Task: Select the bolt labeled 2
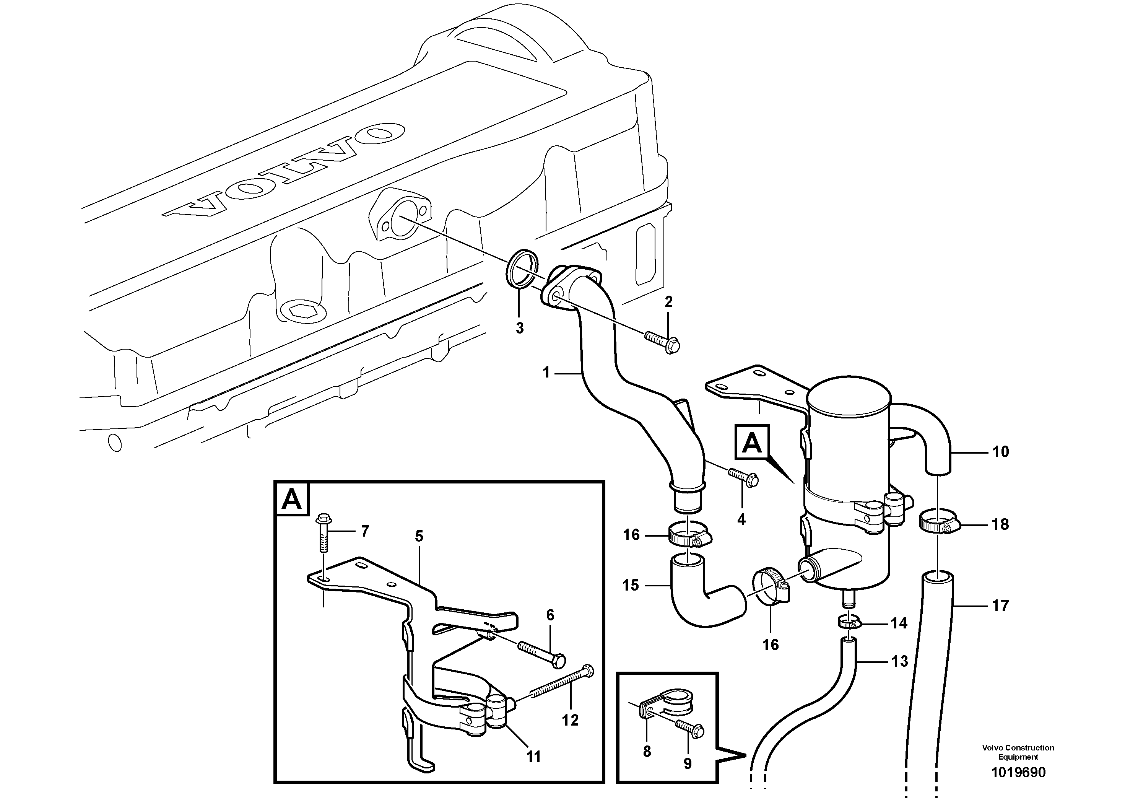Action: tap(663, 342)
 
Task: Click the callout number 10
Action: tap(1000, 452)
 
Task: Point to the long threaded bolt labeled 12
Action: tap(560, 687)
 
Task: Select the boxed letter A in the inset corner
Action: tap(291, 500)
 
